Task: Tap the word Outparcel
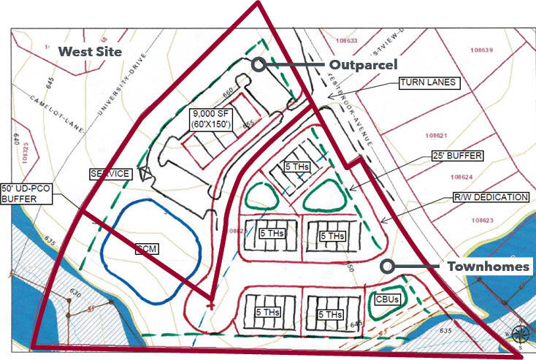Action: pos(363,64)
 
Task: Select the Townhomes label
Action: pos(488,267)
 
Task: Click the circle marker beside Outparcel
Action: pos(258,64)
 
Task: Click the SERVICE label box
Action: pos(110,174)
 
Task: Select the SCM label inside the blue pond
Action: pos(147,249)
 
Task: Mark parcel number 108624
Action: pos(463,177)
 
